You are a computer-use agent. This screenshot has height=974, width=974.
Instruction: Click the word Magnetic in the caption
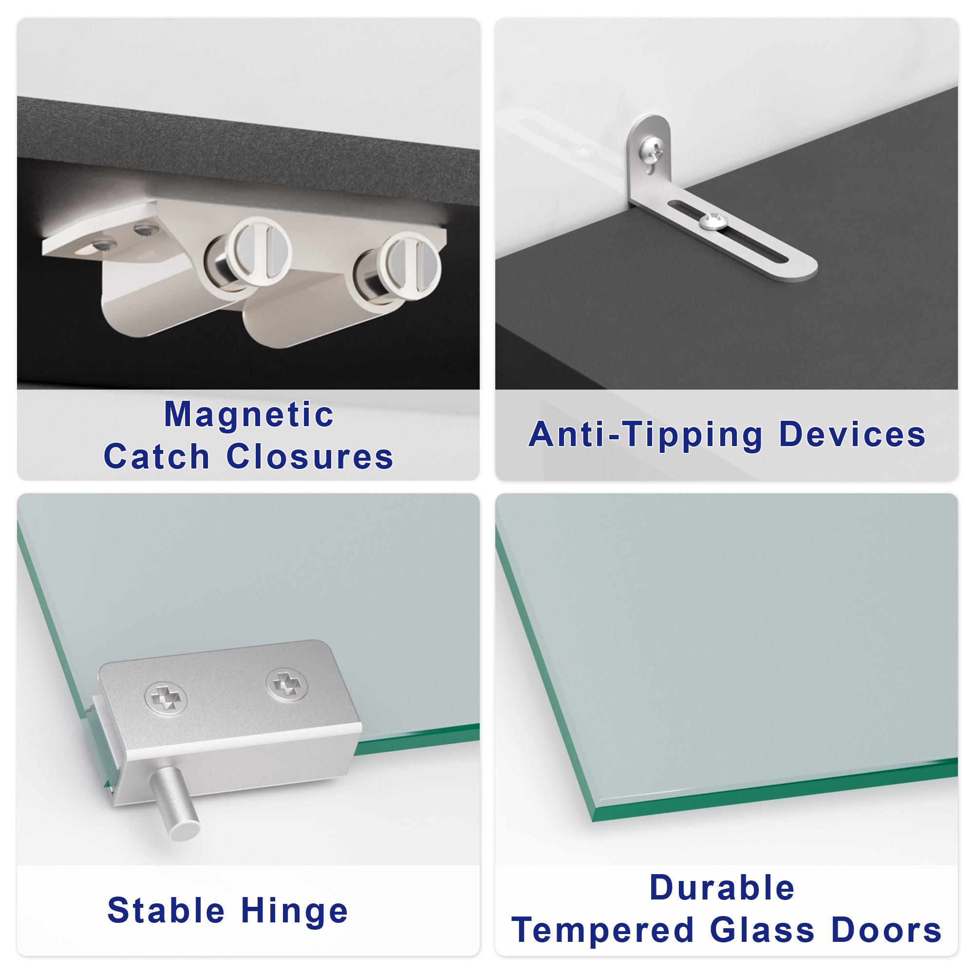pos(249,415)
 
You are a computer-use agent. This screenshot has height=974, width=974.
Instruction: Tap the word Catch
pos(156,457)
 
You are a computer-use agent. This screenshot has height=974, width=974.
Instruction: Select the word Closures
pos(310,457)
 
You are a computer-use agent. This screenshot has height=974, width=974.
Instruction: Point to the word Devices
pos(852,434)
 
